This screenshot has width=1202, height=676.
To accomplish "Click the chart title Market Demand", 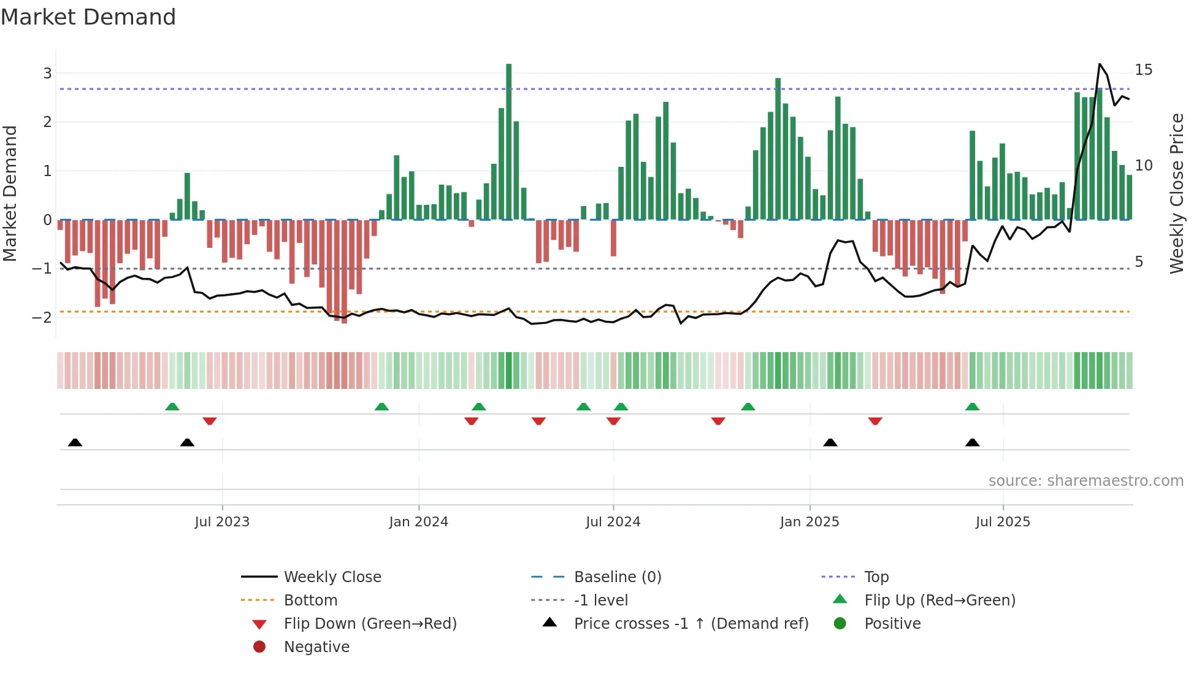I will [x=88, y=17].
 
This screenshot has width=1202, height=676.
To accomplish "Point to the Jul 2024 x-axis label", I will [x=613, y=522].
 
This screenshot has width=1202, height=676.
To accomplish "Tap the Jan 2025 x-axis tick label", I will [x=810, y=522].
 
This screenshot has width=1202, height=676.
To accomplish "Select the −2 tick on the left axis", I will [x=42, y=318].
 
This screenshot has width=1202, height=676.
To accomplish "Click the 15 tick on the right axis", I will [x=1143, y=70].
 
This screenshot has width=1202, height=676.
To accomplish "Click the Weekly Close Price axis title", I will [x=1176, y=193].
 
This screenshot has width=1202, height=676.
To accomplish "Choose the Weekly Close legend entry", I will [x=332, y=577].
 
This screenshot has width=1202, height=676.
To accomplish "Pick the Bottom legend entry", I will [x=310, y=601].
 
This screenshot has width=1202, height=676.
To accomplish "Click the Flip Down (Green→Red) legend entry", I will [x=370, y=624].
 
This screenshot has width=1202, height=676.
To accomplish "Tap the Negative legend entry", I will [x=316, y=647].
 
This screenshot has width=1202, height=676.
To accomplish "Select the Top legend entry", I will [x=876, y=577].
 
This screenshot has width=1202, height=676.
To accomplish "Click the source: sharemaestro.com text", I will [x=1085, y=481].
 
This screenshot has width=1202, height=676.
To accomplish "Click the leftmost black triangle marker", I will [x=75, y=442].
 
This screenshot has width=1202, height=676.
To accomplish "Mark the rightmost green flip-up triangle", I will [x=972, y=407].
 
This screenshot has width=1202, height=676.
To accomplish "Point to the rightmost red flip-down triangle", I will [x=875, y=421].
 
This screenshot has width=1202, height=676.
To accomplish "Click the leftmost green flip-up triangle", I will [x=172, y=407].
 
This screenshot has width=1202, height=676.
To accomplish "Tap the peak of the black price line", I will [x=1100, y=64].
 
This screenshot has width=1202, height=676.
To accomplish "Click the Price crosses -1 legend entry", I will [x=691, y=624].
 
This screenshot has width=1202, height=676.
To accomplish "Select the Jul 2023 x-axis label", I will [x=222, y=522].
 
